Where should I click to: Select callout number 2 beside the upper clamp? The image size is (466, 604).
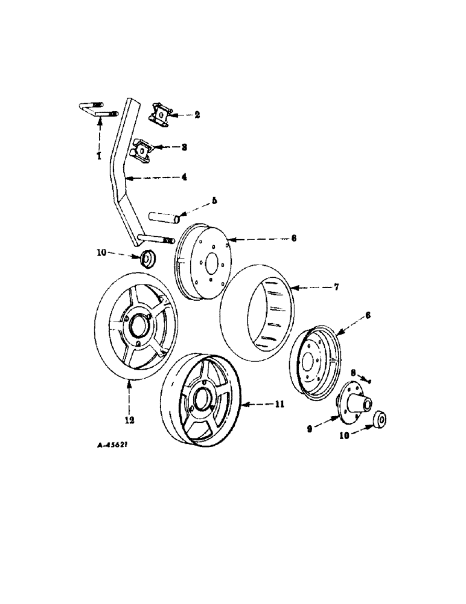[197, 114]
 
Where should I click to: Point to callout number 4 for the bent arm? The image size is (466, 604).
[184, 178]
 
